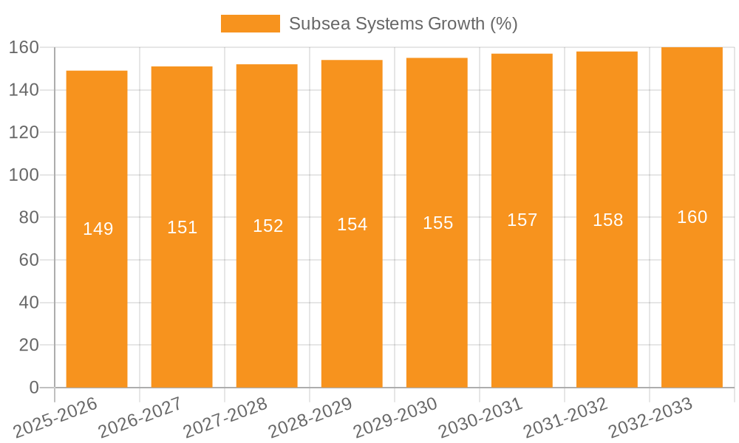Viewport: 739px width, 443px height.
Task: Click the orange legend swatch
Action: click(250, 24)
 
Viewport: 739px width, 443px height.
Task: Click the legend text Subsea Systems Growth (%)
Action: click(403, 24)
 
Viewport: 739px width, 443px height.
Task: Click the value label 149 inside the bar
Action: click(98, 229)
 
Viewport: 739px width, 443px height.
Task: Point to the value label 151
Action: click(183, 227)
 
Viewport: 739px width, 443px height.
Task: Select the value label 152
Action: click(268, 226)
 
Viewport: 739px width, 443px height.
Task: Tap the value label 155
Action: click(437, 223)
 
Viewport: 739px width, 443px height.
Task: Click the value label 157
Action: click(522, 220)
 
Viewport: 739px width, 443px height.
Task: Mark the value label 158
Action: click(607, 220)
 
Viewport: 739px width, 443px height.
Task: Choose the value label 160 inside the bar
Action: click(692, 217)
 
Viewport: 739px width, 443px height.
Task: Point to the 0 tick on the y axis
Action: click(33, 388)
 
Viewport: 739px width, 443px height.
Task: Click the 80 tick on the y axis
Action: click(28, 218)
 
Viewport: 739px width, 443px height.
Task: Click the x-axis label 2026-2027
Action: click(140, 418)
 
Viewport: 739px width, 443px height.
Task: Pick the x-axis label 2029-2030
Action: click(395, 418)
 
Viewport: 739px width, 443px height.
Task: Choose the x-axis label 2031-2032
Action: click(565, 418)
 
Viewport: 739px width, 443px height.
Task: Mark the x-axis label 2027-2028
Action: click(225, 418)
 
